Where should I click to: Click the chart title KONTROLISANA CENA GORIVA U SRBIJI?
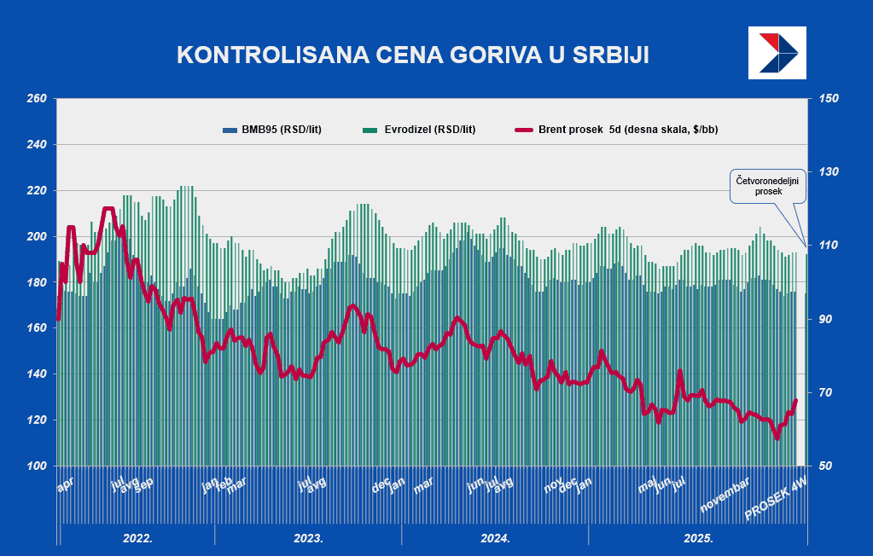pyautogui.click(x=412, y=55)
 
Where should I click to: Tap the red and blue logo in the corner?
pyautogui.click(x=776, y=52)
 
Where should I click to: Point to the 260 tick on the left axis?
pyautogui.click(x=36, y=99)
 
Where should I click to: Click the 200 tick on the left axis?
pyautogui.click(x=36, y=236)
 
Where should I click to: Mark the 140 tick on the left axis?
pyautogui.click(x=36, y=374)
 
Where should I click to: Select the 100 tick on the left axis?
pyautogui.click(x=36, y=466)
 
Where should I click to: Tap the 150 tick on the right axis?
pyautogui.click(x=829, y=99)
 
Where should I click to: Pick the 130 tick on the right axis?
pyautogui.click(x=829, y=172)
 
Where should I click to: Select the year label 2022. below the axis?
pyautogui.click(x=137, y=538)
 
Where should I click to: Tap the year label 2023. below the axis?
pyautogui.click(x=308, y=538)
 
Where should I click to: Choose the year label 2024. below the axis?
pyautogui.click(x=495, y=538)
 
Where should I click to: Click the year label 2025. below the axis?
pyautogui.click(x=699, y=538)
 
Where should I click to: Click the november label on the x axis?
pyautogui.click(x=725, y=495)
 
